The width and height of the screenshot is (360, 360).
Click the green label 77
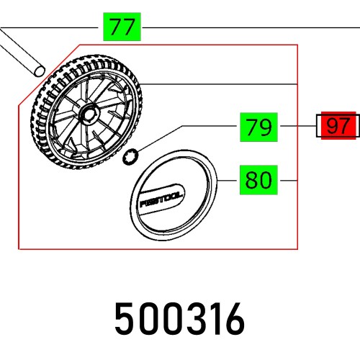tap(123, 28)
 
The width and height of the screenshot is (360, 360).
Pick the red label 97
tap(337, 127)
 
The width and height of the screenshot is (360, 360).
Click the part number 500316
tap(180, 317)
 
